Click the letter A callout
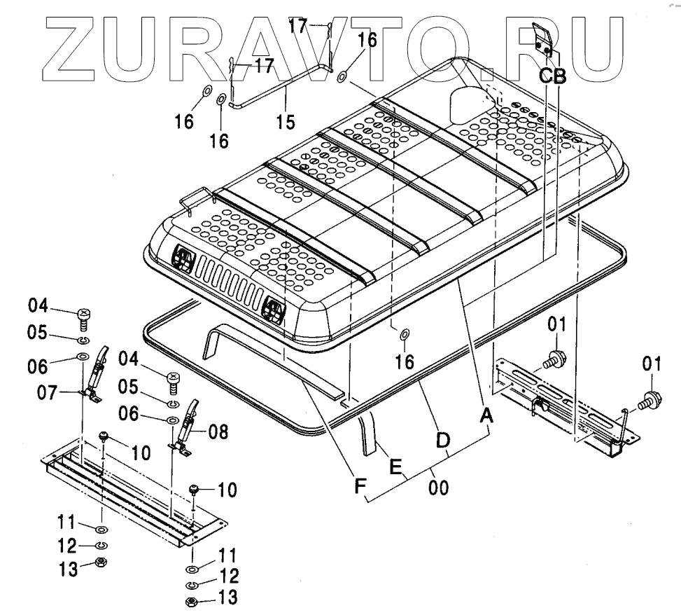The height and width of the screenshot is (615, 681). [485, 416]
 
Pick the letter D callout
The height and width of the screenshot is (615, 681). [442, 441]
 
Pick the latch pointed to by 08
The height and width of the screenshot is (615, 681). [186, 429]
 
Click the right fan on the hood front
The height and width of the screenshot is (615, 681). [275, 309]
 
